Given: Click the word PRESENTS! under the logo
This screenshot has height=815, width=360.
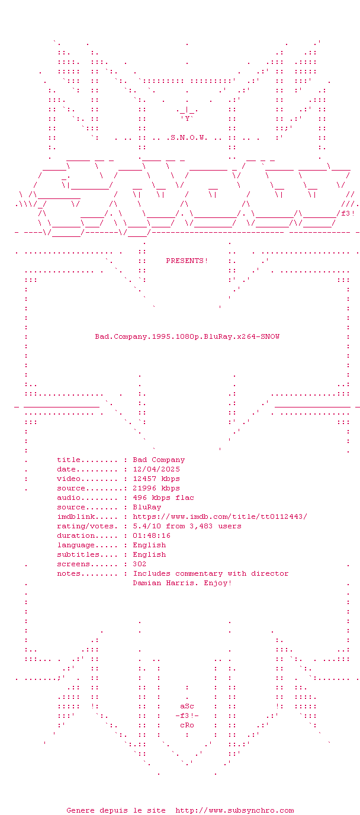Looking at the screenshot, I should pos(187,261).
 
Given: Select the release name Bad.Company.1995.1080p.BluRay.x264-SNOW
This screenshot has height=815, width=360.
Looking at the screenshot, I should pos(187,336).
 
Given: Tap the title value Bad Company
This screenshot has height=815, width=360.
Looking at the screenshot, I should pos(159,460).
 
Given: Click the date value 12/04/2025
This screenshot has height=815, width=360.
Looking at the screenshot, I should pos(156,469).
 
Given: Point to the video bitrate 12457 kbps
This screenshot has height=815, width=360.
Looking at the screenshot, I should pos(156,479).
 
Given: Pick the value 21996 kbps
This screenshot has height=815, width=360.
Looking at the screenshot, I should pos(156,488).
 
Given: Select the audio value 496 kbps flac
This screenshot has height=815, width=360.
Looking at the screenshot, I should pos(163,498).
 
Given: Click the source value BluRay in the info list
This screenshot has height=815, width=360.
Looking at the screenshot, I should pos(147,507).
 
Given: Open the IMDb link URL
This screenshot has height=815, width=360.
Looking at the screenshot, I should pos(220,516).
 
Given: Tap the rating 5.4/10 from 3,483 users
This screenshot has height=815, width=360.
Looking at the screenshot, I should pos(187,526).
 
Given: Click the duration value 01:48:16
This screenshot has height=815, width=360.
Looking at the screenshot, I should pos(152,535).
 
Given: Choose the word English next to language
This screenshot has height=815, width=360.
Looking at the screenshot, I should pos(149,545).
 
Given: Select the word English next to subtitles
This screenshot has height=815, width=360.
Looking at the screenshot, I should pos(149,554).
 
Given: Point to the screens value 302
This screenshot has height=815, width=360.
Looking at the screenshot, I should pos(140,564).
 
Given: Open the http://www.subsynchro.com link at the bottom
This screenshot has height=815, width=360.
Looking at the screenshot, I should pos(234,810).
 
